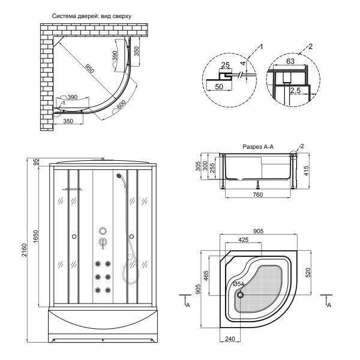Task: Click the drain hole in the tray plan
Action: coord(241,294)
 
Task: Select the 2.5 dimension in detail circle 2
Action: coord(295,90)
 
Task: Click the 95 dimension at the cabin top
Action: coord(37,161)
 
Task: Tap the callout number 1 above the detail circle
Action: coord(261,46)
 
